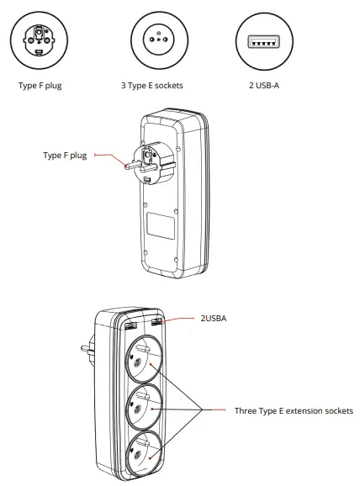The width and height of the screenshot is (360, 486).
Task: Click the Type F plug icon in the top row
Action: [40, 39]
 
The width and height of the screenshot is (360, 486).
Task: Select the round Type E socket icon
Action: [153, 39]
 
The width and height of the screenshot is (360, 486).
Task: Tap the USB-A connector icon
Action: [263, 39]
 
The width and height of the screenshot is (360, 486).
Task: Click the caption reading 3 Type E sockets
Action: [153, 85]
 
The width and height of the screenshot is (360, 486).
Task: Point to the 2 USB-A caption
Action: [263, 85]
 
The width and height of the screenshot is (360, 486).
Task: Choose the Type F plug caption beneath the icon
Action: [40, 85]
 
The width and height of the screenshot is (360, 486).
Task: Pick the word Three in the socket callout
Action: [246, 410]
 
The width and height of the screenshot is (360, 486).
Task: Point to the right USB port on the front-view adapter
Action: [160, 322]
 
